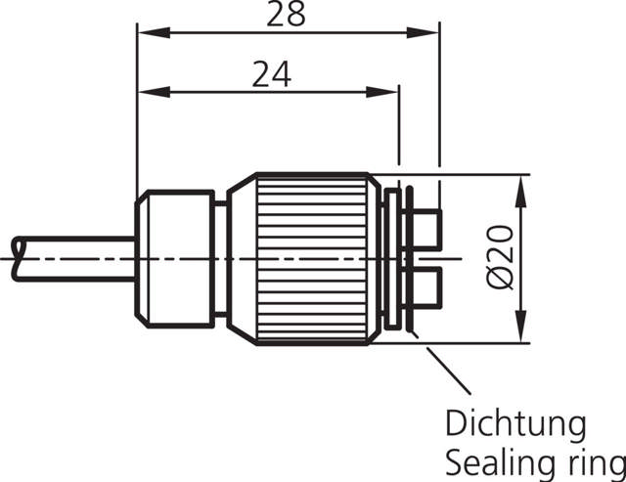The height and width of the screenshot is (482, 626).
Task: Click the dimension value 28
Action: point(287,14)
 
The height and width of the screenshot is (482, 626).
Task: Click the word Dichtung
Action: point(515,425)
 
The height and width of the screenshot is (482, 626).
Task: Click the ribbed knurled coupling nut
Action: point(312,259)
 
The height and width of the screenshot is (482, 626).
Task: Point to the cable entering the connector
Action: point(78,258)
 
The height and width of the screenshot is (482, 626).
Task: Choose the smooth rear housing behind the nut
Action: point(175,258)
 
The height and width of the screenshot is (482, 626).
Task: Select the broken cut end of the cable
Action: point(16,258)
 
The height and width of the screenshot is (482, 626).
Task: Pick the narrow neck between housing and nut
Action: point(221,259)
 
